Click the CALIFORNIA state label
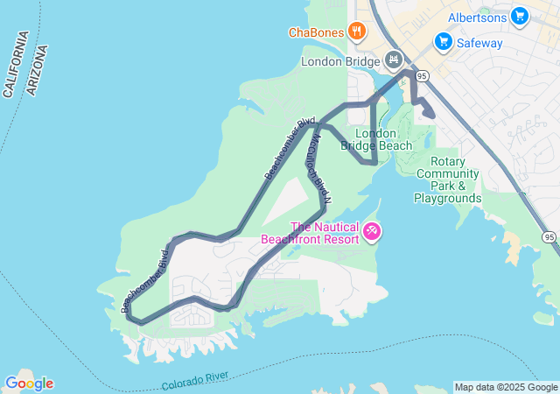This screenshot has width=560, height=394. [x=17, y=64]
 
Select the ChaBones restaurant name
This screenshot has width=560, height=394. [x=316, y=33]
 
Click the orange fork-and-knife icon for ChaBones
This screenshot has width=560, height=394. [x=356, y=32]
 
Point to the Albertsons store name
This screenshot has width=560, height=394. [x=477, y=17]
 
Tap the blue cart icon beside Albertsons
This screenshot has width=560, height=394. [x=520, y=16]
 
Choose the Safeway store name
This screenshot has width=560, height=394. [x=479, y=42]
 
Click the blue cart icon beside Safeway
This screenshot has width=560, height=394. [x=443, y=42]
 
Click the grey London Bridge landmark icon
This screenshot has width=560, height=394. [x=394, y=60]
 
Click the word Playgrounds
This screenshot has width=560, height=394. [x=448, y=199]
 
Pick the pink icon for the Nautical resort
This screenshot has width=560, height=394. [x=373, y=231]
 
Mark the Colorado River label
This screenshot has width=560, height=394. [x=195, y=381]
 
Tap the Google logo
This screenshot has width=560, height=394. [x=29, y=383]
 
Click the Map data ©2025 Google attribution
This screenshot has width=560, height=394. [x=506, y=387]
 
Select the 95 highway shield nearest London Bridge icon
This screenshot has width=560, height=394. [x=422, y=76]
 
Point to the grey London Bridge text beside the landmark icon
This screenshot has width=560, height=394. [x=341, y=61]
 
